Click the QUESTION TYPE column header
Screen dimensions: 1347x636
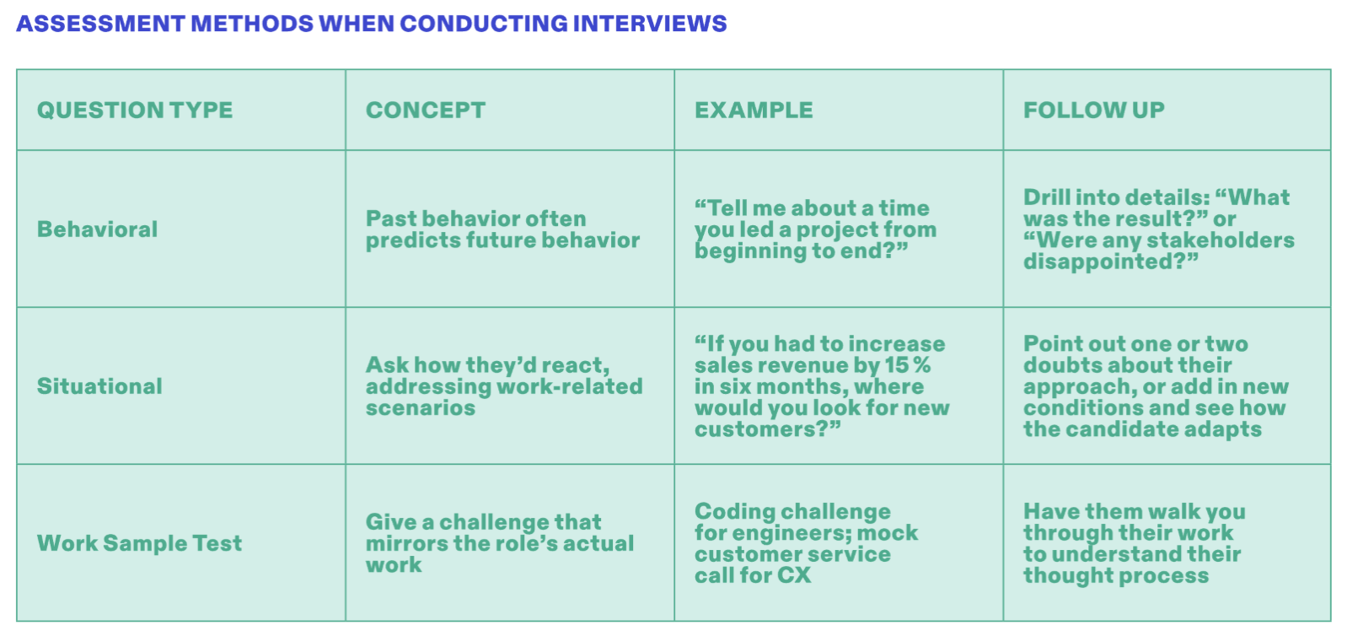(x=135, y=110)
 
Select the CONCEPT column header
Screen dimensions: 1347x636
(x=425, y=110)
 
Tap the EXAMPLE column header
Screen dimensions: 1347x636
(x=754, y=110)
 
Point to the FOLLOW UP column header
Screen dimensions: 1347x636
(x=1094, y=110)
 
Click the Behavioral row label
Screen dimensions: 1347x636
(x=98, y=229)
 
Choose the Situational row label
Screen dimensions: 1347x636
(x=99, y=386)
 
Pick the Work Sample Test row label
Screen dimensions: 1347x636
(x=139, y=543)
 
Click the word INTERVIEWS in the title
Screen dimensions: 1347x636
(x=649, y=24)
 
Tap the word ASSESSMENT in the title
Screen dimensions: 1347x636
(x=100, y=24)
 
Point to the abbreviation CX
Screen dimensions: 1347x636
(x=794, y=576)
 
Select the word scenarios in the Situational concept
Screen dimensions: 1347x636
(x=421, y=408)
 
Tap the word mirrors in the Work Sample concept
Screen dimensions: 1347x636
(x=406, y=543)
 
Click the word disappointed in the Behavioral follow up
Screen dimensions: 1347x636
(x=1104, y=262)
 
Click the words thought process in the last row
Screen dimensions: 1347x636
(x=1116, y=576)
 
